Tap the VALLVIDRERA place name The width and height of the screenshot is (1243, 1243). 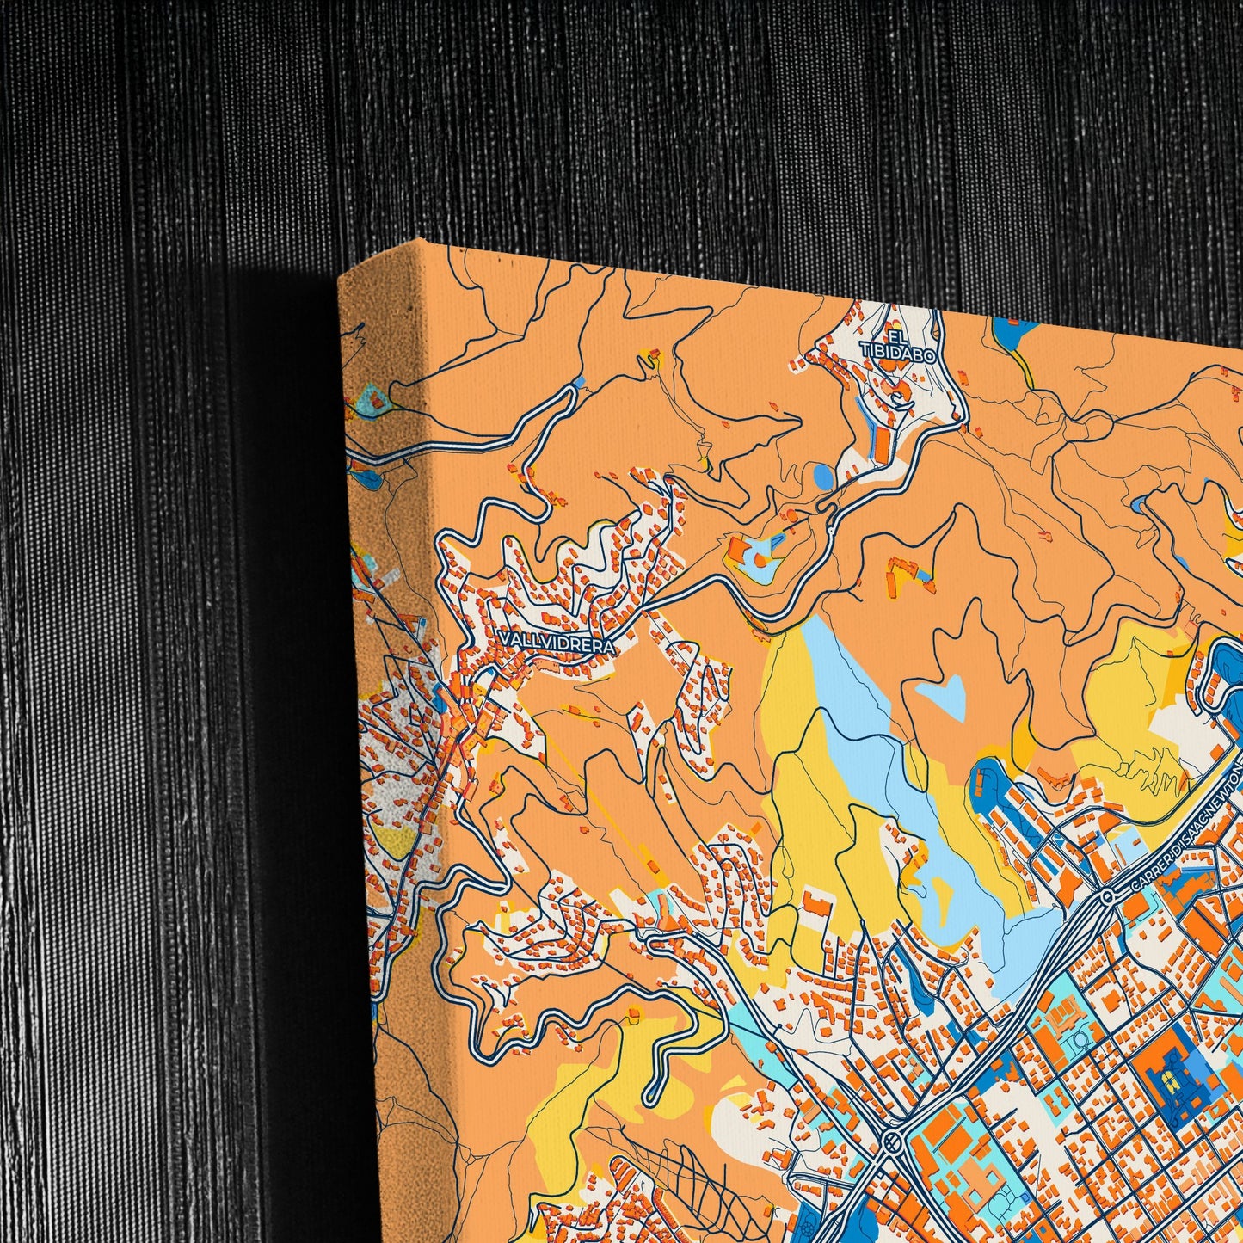tap(556, 643)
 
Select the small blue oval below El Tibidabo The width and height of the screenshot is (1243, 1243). tap(823, 476)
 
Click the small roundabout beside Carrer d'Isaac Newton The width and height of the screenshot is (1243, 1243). tap(1107, 896)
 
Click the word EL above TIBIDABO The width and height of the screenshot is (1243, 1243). tap(898, 336)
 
